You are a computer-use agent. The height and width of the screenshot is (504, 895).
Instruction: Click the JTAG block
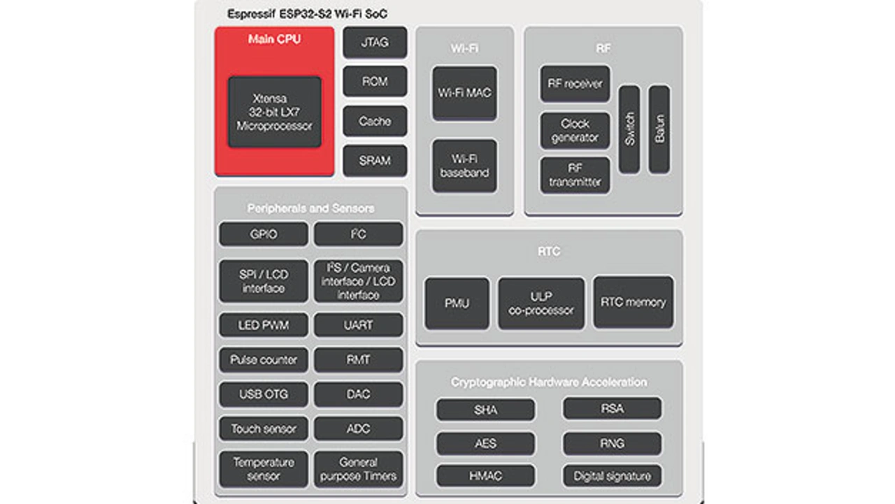[x=375, y=43]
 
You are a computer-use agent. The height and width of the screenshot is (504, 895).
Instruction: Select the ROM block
[x=375, y=82]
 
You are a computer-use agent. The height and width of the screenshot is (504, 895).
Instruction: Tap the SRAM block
[x=375, y=160]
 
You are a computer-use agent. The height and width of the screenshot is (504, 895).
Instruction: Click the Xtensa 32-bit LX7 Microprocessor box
[x=275, y=112]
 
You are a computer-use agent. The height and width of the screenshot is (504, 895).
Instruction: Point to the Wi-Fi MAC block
[x=464, y=93]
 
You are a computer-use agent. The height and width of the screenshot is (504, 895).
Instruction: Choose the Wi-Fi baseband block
[x=464, y=166]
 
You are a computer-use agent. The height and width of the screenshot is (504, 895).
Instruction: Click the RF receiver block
[x=575, y=84]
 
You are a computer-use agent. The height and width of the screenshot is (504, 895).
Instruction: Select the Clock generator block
[x=575, y=131]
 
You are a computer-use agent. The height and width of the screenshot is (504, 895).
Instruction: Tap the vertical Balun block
[x=659, y=129]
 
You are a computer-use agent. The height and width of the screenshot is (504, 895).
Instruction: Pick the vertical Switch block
[x=629, y=129]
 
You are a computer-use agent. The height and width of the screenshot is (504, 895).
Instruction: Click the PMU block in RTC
[x=457, y=303]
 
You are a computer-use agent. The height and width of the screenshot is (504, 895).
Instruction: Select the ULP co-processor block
[x=541, y=303]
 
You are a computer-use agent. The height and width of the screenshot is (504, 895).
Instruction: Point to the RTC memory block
[x=633, y=303]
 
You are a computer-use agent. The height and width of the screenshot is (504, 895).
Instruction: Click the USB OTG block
[x=264, y=394]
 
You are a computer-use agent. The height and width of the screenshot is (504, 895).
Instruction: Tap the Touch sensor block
[x=264, y=429]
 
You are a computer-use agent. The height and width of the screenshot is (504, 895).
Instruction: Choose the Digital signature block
[x=612, y=476]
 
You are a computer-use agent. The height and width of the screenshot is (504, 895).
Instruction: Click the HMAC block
[x=485, y=476]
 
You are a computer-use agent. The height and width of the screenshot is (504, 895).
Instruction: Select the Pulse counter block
[x=264, y=360]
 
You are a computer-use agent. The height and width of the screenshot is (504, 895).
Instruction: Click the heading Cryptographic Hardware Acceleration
[x=549, y=382]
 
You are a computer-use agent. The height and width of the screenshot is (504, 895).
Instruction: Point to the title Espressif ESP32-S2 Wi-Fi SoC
[x=308, y=14]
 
